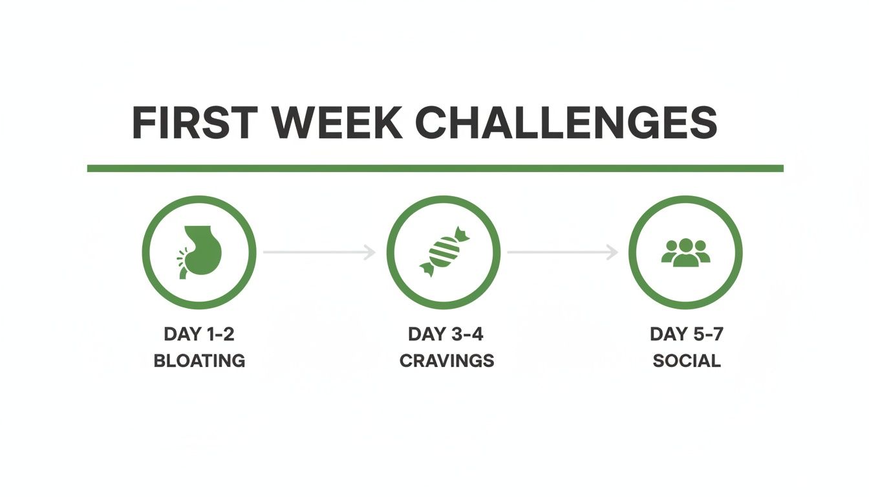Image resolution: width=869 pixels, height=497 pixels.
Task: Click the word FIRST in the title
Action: [x=193, y=122]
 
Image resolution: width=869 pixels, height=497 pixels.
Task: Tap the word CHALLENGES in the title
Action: [x=566, y=122]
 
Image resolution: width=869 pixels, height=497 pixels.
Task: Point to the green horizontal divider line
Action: [x=435, y=168]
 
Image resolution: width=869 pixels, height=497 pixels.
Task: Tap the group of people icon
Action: [x=685, y=252]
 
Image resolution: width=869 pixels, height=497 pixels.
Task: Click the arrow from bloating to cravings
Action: [x=319, y=252]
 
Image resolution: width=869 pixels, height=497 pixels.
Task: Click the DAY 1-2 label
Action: [x=198, y=335]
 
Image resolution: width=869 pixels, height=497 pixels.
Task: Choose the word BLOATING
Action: [x=199, y=360]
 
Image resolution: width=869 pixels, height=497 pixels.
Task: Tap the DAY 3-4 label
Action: [x=446, y=335]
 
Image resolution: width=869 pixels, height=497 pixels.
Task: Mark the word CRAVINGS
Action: [x=447, y=360]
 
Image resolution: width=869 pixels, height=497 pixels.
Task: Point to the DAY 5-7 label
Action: [x=686, y=335]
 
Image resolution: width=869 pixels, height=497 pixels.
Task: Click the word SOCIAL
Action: [x=687, y=360]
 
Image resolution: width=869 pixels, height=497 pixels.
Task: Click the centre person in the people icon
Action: [x=685, y=251]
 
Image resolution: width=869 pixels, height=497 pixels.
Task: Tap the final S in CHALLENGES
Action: [x=703, y=122]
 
